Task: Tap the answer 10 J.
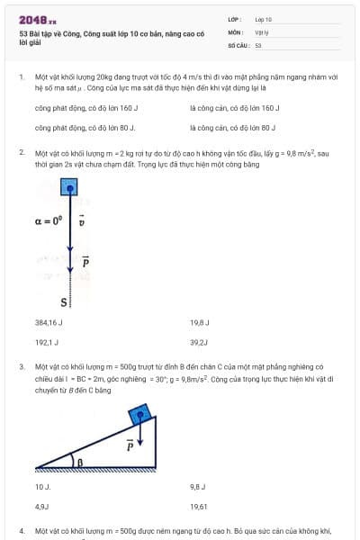[x=42, y=486]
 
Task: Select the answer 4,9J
[x=42, y=507]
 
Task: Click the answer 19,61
[x=199, y=507]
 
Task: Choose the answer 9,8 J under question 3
[x=199, y=486]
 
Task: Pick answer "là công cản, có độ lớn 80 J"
[x=233, y=128]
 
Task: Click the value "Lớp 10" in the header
[x=263, y=19]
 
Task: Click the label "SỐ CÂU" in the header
[x=238, y=44]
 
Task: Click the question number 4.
[x=22, y=532]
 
